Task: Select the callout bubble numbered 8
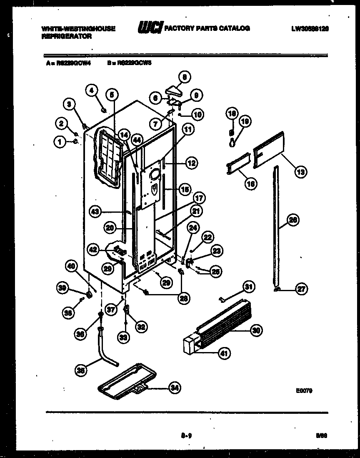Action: (185, 77)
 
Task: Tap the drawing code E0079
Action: (305, 391)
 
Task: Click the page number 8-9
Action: (186, 436)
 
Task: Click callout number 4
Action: (92, 90)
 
